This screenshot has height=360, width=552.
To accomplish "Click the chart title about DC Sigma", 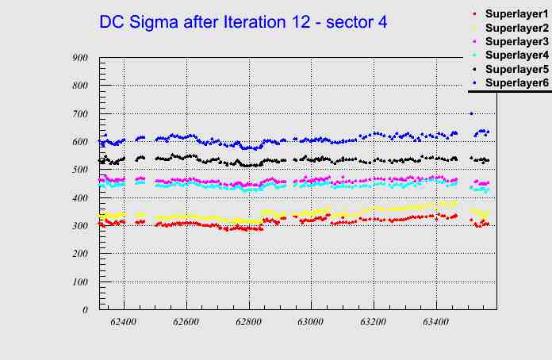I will click(243, 22).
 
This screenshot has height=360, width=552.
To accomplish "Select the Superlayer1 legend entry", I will click(516, 14).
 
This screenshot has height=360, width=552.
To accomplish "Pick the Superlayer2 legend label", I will click(516, 28).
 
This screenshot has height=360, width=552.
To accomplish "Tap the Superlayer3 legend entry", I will click(516, 41).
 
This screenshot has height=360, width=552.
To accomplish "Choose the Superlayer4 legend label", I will click(516, 55).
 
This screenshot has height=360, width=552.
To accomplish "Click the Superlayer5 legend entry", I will click(516, 69).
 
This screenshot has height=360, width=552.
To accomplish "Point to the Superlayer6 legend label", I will click(516, 82).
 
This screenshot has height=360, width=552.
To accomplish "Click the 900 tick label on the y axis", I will click(79, 57).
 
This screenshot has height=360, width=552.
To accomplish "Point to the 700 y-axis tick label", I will click(79, 113).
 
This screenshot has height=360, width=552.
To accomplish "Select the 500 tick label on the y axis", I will click(79, 170).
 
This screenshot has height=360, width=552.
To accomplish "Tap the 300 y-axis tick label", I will click(79, 226).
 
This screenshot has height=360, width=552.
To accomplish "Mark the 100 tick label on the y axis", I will click(79, 281).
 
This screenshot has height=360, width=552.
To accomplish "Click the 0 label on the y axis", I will click(85, 310).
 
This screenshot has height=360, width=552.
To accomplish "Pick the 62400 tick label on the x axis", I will click(124, 323).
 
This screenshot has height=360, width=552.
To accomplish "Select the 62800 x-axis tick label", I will click(248, 323).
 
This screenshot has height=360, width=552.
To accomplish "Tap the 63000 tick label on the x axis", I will click(310, 323).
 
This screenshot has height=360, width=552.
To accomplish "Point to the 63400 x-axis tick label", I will click(435, 323).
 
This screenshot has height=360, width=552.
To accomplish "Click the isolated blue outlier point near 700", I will click(471, 113).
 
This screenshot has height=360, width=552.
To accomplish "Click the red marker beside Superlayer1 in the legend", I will click(474, 14).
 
